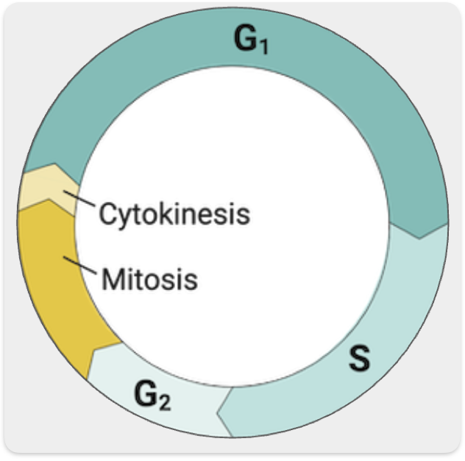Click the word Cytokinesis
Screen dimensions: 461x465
click(x=174, y=215)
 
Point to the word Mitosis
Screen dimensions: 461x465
click(x=150, y=279)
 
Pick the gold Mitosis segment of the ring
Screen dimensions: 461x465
click(x=52, y=287)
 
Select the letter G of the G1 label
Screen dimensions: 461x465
click(x=246, y=41)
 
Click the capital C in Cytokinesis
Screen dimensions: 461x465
click(x=108, y=215)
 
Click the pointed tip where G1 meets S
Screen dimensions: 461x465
click(x=419, y=238)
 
